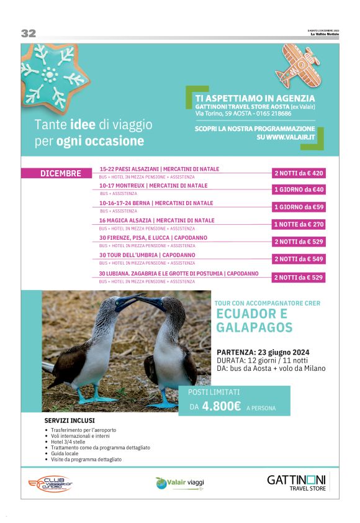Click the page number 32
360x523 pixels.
tap(29, 34)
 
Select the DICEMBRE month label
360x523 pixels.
tap(60, 173)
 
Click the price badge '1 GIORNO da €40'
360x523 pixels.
tap(299, 190)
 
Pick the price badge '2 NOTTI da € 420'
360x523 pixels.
tap(299, 173)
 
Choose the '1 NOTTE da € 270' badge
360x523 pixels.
tap(299, 224)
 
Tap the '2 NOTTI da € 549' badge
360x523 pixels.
tap(299, 259)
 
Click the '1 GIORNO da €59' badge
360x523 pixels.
tap(299, 207)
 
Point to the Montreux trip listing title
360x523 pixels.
tap(153, 186)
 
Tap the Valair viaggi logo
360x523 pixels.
tap(179, 483)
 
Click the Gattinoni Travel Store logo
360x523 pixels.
tap(296, 482)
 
